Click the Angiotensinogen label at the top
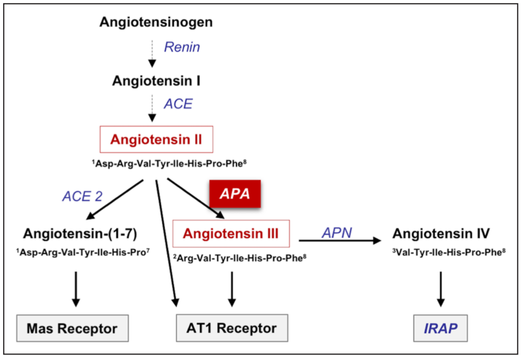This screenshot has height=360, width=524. pos(156,22)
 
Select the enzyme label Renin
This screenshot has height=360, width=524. pos(182,47)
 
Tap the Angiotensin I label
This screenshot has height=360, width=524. pos(156,81)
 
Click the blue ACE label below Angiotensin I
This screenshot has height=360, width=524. pos(178,104)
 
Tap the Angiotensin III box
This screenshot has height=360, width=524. pos(231,232)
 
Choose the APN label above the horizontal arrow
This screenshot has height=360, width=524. pos(336,232)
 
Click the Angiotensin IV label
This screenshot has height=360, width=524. pos(441,232)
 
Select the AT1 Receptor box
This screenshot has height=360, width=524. pos(232,328)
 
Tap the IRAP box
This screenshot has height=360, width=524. pos(441,328)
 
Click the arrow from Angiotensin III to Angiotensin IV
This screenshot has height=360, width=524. pos(339,241)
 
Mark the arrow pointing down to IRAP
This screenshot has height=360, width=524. pos(441,288)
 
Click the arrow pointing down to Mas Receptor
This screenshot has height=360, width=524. pos(76,288)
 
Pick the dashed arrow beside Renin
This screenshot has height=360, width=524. pos(152,53)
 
